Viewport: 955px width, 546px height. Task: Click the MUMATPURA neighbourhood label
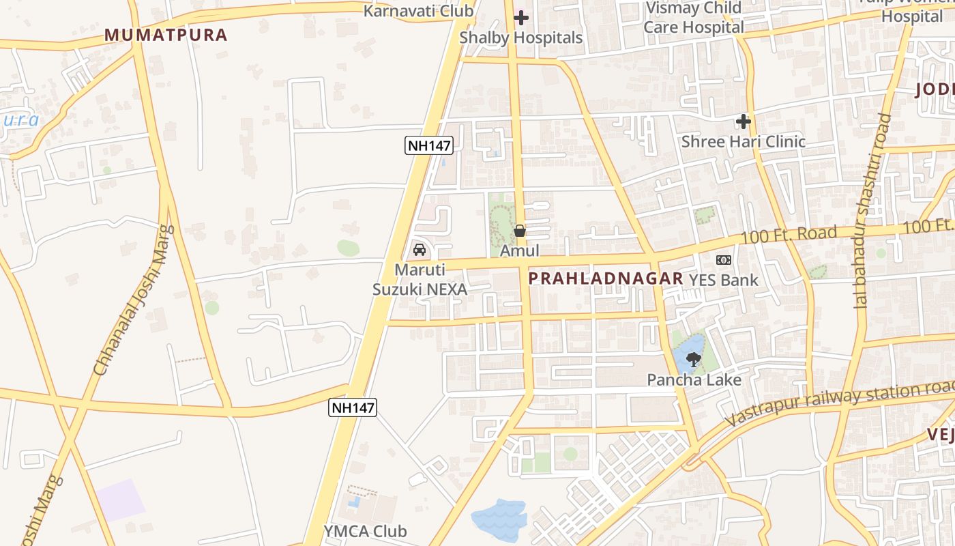(x=166, y=35)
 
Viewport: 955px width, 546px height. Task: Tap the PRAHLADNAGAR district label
(x=606, y=278)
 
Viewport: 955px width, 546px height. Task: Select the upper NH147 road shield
(x=429, y=145)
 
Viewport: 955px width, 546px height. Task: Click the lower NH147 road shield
(x=353, y=407)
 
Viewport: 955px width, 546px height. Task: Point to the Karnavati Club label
(x=418, y=11)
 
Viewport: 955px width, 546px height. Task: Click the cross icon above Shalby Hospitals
(x=521, y=18)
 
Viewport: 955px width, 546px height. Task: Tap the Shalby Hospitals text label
(x=521, y=38)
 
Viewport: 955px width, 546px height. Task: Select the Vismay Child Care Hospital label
(x=694, y=18)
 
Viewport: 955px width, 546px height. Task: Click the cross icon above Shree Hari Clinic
(x=744, y=122)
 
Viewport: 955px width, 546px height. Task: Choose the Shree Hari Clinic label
(x=744, y=142)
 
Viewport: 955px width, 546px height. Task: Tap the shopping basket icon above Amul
(x=520, y=231)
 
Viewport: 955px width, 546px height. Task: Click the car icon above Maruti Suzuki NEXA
(x=420, y=250)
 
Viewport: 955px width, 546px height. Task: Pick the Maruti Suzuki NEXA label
(x=420, y=280)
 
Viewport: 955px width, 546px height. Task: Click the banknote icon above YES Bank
(x=724, y=260)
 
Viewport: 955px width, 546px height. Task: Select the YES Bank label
(x=723, y=280)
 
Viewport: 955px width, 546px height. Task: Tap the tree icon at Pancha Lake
(x=694, y=359)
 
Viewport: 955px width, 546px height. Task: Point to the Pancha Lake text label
(x=694, y=379)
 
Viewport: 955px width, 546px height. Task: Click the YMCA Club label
(x=365, y=531)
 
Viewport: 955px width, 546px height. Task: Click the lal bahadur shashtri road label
(x=873, y=212)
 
